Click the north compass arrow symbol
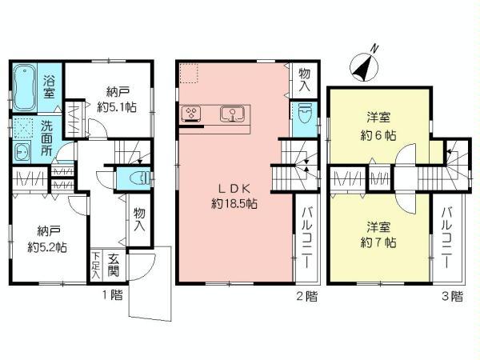[367, 66]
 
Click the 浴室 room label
[49, 86]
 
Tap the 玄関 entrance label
[114, 263]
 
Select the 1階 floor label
[113, 295]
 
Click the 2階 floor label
[307, 295]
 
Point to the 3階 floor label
[451, 295]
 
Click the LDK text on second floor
[234, 189]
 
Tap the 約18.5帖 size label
[234, 205]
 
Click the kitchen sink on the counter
[231, 113]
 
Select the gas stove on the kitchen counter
[191, 113]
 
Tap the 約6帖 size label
[377, 136]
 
